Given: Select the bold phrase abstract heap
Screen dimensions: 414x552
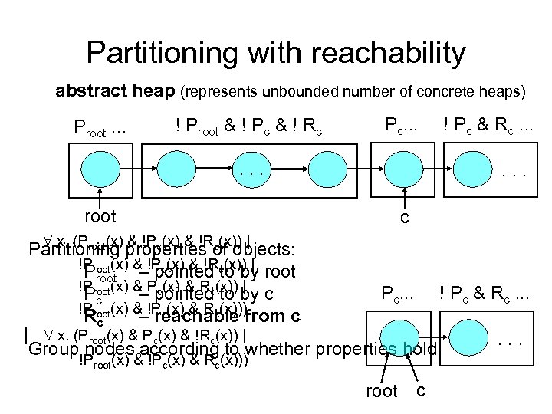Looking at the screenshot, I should pyautogui.click(x=115, y=91).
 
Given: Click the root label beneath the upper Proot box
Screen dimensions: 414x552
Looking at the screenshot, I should pyautogui.click(x=100, y=217).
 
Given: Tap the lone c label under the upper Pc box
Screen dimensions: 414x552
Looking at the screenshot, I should pyautogui.click(x=405, y=219).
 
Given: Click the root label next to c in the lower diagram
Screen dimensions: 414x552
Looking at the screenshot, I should pyautogui.click(x=382, y=392).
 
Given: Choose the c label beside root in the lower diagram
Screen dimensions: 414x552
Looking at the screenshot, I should pyautogui.click(x=421, y=390).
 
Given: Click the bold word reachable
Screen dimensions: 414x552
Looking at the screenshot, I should pyautogui.click(x=191, y=316).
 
